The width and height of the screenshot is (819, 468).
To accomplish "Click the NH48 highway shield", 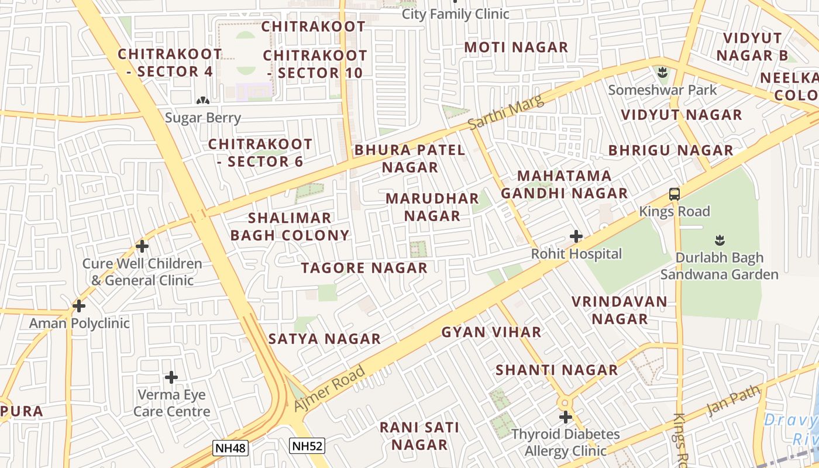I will click(230, 449).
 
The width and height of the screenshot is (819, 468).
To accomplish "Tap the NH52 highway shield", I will click(307, 446).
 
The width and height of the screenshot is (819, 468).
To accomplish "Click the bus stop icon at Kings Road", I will click(675, 194).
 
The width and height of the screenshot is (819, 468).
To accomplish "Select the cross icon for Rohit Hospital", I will click(576, 236).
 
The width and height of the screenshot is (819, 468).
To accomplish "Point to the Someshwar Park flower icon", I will click(662, 73).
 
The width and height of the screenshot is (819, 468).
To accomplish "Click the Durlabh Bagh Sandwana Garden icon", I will click(720, 240).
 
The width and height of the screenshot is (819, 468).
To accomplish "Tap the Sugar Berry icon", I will click(203, 101).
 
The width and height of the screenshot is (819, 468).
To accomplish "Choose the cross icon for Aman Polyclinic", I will click(79, 305).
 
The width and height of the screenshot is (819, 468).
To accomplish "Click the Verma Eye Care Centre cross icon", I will click(171, 377).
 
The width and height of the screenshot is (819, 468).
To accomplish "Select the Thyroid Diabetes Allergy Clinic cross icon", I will click(565, 417).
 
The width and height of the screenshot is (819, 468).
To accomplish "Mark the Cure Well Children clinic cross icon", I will click(142, 246).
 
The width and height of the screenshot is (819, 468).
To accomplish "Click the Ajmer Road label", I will click(329, 388).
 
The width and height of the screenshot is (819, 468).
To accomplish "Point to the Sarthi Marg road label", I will click(506, 112).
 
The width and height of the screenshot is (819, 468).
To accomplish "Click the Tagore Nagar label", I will click(364, 269).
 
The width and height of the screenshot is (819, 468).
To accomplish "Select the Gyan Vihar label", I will click(491, 332).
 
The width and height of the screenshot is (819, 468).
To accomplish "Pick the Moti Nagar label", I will click(516, 47).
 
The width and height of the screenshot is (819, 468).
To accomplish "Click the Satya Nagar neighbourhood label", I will click(324, 339).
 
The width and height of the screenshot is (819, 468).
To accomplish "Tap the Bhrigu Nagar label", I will click(670, 150).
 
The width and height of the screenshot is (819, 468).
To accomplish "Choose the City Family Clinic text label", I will click(455, 14).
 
